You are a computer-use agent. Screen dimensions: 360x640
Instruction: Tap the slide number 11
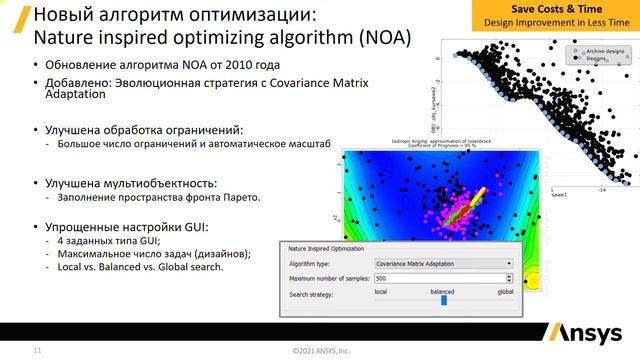38,351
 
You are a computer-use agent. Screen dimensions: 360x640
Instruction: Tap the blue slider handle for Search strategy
443,298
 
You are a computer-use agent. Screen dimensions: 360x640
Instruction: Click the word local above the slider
380,291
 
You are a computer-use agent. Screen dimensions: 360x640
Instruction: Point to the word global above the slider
505,291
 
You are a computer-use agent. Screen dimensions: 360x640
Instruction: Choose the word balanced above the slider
442,291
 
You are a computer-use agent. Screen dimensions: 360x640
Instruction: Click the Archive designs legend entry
606,50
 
